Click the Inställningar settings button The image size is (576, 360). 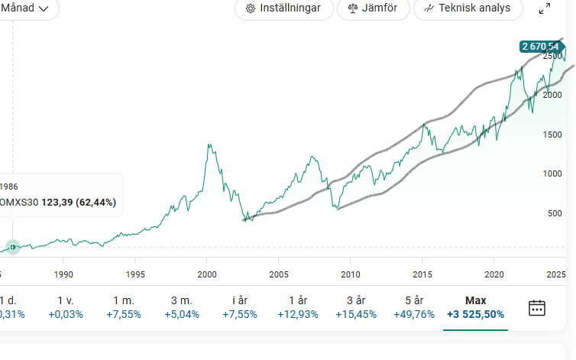(283, 8)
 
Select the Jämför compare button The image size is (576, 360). (373, 8)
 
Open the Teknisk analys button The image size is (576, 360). (468, 8)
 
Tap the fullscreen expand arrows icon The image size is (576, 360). (545, 8)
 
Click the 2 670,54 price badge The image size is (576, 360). (545, 47)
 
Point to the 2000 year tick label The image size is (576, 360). (207, 274)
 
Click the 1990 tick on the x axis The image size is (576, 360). (63, 274)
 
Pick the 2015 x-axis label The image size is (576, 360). (422, 274)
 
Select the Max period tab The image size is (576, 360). (475, 300)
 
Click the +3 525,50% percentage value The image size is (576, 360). (475, 314)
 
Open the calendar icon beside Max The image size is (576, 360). (537, 307)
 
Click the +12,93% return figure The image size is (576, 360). (297, 314)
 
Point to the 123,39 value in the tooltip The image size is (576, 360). (57, 203)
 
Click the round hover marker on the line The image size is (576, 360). (13, 247)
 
